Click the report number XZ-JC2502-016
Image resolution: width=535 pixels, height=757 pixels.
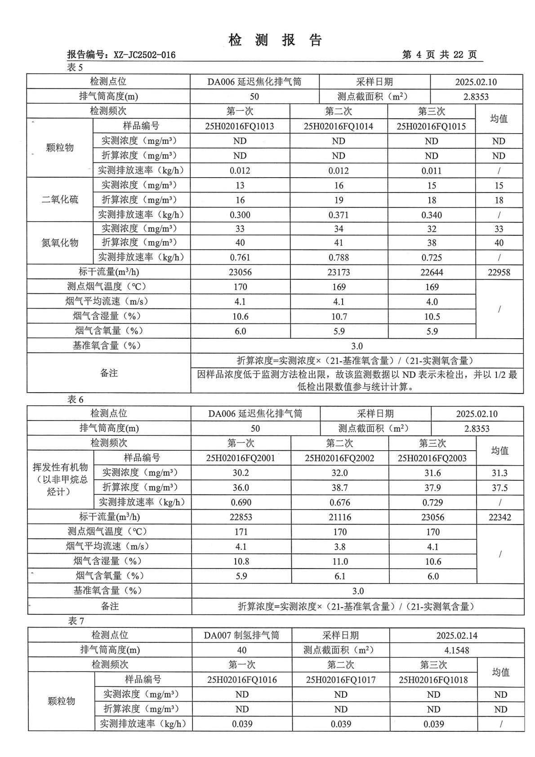point(144,55)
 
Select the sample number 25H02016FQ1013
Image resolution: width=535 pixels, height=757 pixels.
point(240,126)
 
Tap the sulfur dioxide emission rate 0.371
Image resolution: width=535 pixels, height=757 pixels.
point(339,215)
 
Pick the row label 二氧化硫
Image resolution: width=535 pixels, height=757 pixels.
point(60,199)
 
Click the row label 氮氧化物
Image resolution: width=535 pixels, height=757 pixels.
point(60,243)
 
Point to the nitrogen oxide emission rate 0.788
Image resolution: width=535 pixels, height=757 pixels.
point(339,258)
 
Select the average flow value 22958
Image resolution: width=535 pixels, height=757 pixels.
point(499,273)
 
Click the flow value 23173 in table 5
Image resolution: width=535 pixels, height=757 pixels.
point(339,273)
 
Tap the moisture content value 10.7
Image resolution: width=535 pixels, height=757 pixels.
point(339,317)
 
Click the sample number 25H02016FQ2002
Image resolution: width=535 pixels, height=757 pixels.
point(339,458)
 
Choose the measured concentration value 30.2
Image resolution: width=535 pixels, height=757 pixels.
point(241,473)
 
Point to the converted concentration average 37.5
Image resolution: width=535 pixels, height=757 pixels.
point(499,488)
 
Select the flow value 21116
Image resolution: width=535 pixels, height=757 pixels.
point(340,517)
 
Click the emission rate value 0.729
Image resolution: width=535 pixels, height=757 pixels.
point(432,502)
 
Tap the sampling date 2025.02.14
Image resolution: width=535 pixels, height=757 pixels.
point(456,636)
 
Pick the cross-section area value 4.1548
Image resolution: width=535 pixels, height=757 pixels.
point(456,650)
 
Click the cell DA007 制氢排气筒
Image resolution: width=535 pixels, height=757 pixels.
point(241,636)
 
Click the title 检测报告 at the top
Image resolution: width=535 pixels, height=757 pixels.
point(275,40)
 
